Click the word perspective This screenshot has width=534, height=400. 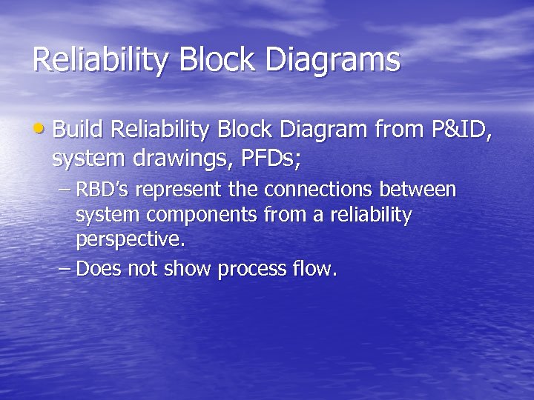click(x=130, y=241)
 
